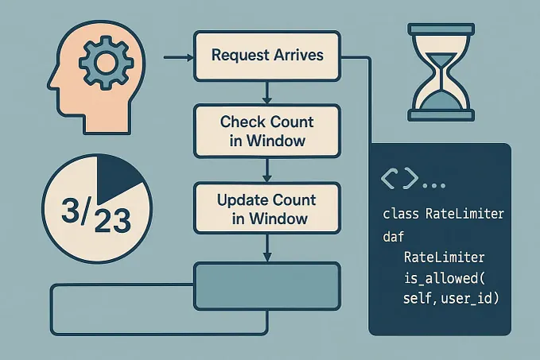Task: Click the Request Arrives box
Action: click(267, 56)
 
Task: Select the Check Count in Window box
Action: click(267, 131)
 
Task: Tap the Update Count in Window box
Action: click(267, 208)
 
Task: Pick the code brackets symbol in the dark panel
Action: click(400, 179)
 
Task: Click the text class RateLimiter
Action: click(444, 215)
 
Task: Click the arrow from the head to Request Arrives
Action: click(178, 57)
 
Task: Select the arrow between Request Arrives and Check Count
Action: click(267, 92)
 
